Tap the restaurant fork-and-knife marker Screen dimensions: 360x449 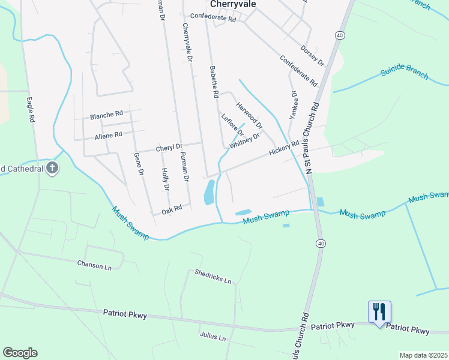(379, 312)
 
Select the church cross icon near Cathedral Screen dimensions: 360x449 (53, 168)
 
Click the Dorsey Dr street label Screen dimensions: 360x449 (312, 55)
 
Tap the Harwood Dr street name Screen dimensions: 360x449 (249, 115)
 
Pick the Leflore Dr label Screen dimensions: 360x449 (232, 124)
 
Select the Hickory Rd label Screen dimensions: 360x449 (284, 148)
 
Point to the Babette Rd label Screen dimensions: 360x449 (213, 82)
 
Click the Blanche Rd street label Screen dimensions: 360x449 (106, 114)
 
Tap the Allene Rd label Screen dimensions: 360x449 (108, 136)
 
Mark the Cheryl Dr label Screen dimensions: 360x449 (169, 147)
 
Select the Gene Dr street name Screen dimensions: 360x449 (140, 164)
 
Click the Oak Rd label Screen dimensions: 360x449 (172, 211)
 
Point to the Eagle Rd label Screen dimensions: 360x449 (30, 110)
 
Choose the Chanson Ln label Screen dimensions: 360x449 (95, 263)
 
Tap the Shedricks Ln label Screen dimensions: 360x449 (213, 276)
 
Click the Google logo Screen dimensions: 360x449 (20, 353)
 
